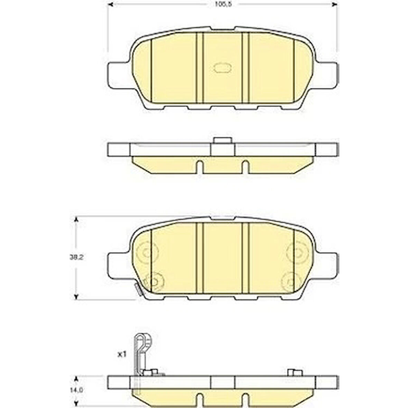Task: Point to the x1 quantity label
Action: [121, 354]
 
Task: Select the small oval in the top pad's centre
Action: [222, 68]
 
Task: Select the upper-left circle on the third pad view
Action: [147, 252]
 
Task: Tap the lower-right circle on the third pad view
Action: [291, 281]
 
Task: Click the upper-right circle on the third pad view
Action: [297, 252]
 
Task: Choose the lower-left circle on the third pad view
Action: [154, 281]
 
